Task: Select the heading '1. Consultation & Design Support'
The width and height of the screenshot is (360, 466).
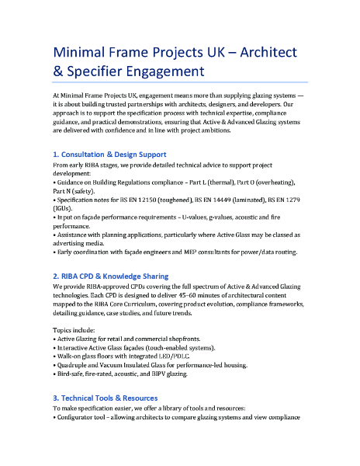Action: [109, 154]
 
